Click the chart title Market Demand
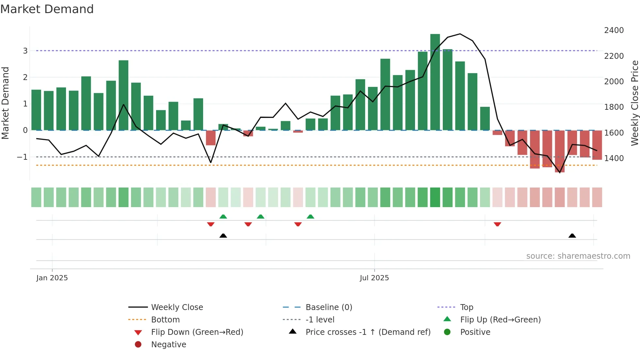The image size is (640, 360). pyautogui.click(x=47, y=9)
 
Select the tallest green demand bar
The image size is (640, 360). pyautogui.click(x=435, y=82)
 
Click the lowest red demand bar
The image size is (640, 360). pyautogui.click(x=559, y=151)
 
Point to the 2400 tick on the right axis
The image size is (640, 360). pyautogui.click(x=614, y=30)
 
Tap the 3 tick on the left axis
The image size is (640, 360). pyautogui.click(x=25, y=51)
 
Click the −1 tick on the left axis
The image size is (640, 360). pyautogui.click(x=22, y=157)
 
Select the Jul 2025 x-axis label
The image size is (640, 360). pyautogui.click(x=374, y=278)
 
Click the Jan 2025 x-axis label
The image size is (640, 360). pyautogui.click(x=52, y=278)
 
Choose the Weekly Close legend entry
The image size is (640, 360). pyautogui.click(x=177, y=307)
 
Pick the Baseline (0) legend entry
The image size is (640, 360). pyautogui.click(x=328, y=307)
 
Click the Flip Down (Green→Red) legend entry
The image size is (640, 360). pyautogui.click(x=197, y=332)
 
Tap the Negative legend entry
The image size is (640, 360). pyautogui.click(x=168, y=345)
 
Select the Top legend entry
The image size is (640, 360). pyautogui.click(x=466, y=307)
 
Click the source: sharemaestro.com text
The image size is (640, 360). pyautogui.click(x=578, y=256)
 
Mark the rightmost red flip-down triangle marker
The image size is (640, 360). pyautogui.click(x=497, y=224)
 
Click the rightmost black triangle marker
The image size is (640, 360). pyautogui.click(x=572, y=236)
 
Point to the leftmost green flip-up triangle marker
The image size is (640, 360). pyautogui.click(x=223, y=217)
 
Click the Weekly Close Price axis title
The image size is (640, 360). pyautogui.click(x=634, y=103)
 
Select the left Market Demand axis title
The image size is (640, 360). pyautogui.click(x=5, y=103)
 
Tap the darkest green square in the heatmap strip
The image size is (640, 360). pyautogui.click(x=435, y=197)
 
